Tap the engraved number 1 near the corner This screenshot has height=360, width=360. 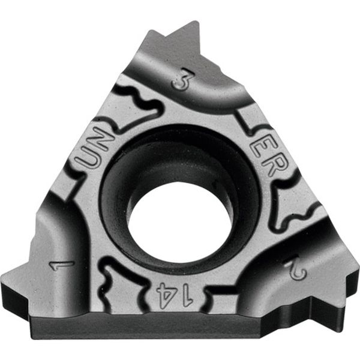click(60, 263)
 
